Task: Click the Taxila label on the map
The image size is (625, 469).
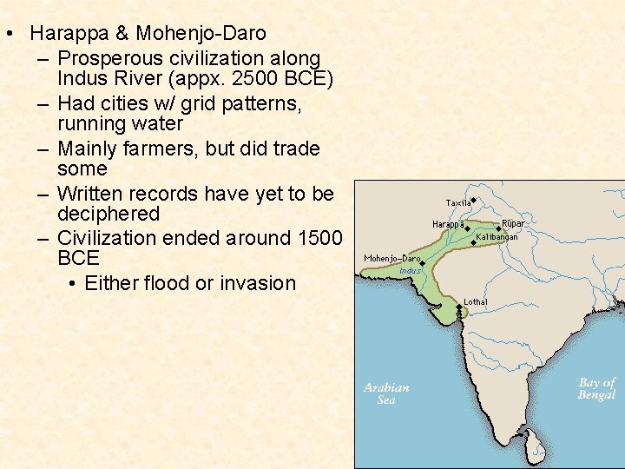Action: (457, 203)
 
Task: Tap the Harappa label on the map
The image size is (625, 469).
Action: (447, 225)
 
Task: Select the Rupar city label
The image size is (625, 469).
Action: (513, 223)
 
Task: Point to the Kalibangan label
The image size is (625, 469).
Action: (497, 237)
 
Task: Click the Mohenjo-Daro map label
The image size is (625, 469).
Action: (391, 258)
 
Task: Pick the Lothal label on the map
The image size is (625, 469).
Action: (475, 301)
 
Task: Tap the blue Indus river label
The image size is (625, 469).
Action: (410, 271)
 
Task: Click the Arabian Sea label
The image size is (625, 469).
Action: (386, 393)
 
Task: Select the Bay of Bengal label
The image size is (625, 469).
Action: (596, 388)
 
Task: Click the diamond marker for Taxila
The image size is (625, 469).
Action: (474, 200)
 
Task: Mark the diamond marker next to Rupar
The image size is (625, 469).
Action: (498, 229)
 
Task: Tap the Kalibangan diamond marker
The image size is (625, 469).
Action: (473, 243)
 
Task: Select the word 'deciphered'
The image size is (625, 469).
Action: (109, 214)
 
